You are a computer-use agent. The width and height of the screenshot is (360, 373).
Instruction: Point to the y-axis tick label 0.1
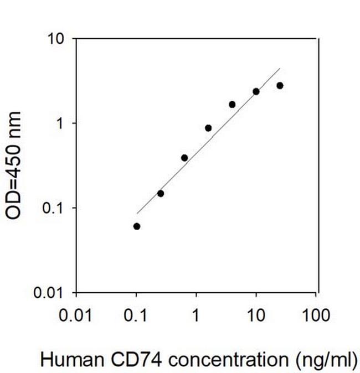[x=54, y=208]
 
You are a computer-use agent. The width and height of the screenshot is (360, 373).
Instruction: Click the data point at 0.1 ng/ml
[x=137, y=226]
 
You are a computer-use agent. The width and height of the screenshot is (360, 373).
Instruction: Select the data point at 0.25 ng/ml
[x=161, y=193]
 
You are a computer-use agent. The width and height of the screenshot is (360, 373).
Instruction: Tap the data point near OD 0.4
[x=184, y=158]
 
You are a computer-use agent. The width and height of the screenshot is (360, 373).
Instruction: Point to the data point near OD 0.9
[x=208, y=128]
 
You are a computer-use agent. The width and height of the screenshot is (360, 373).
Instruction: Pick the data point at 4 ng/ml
[x=232, y=104]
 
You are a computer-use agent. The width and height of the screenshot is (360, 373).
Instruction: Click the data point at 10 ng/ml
[x=256, y=91]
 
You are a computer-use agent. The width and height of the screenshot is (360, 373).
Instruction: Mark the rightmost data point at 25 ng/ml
[x=280, y=85]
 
